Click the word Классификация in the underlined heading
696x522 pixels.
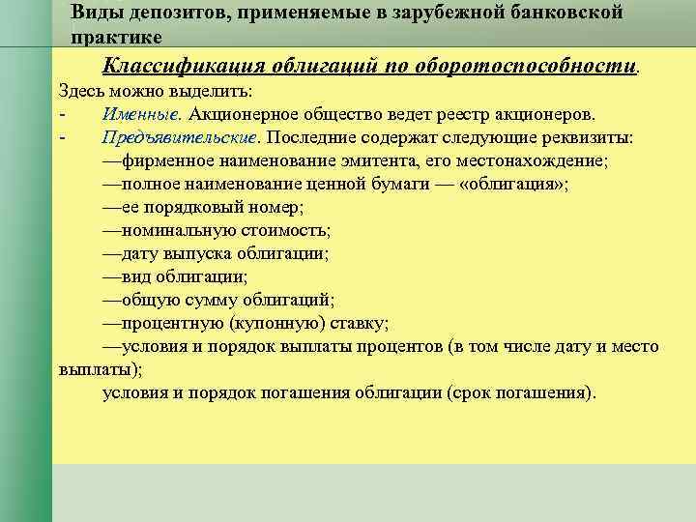(184, 67)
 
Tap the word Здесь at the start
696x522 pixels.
(80, 92)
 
